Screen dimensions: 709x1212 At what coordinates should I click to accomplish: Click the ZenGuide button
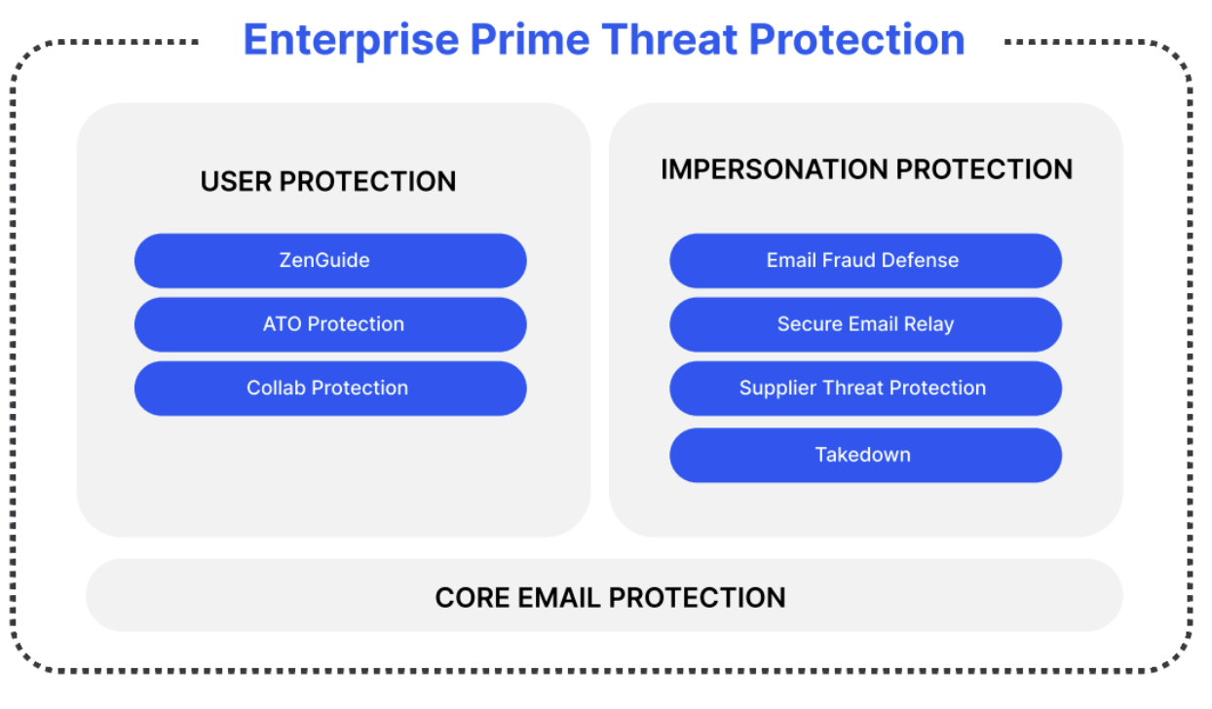click(x=330, y=260)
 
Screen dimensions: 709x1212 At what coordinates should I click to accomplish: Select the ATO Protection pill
click(x=330, y=324)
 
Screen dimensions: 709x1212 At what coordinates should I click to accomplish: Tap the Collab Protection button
click(x=330, y=388)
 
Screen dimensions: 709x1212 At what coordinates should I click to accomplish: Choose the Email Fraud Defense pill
click(x=864, y=260)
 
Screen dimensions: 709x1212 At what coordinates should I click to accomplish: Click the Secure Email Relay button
click(x=864, y=324)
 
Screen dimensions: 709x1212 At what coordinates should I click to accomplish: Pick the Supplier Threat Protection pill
click(x=864, y=388)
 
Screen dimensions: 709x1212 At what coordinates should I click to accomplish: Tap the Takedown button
click(x=864, y=455)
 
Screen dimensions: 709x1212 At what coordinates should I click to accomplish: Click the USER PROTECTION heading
click(x=328, y=182)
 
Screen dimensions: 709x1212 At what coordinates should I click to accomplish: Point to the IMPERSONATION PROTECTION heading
click(x=866, y=169)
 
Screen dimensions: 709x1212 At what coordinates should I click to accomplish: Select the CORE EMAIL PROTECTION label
click(x=610, y=597)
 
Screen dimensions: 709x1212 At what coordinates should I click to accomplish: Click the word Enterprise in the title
click(x=351, y=41)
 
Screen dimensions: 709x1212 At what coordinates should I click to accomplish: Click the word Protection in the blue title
click(x=857, y=41)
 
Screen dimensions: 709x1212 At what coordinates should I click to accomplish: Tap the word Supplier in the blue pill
click(x=776, y=388)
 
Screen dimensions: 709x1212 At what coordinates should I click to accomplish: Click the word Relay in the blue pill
click(x=928, y=324)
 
